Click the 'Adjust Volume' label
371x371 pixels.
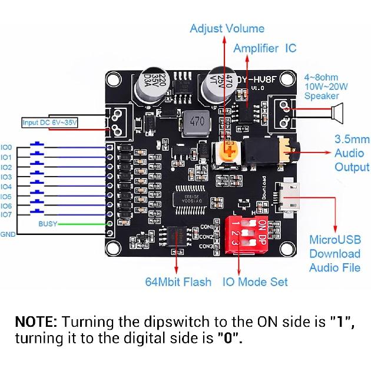coord(227,28)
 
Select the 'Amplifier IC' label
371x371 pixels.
coord(264,48)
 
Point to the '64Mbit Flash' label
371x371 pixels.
coord(178,281)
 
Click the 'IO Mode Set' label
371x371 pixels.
coord(255,281)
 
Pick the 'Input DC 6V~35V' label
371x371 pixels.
coord(49,122)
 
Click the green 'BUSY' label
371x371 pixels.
coord(48,224)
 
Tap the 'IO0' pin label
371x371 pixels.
coord(6,147)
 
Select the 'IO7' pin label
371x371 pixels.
coord(6,215)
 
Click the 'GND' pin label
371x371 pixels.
coord(8,234)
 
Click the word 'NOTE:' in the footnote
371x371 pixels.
coord(36,322)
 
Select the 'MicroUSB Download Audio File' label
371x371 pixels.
coord(334,254)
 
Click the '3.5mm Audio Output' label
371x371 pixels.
coord(352,153)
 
